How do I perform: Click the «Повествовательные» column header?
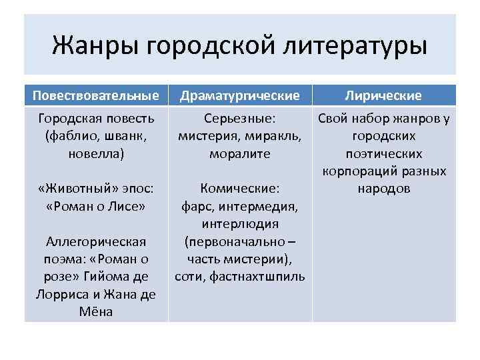95,95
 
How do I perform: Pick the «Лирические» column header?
383,95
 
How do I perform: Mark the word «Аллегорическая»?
94,241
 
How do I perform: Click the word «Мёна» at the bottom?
95,311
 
